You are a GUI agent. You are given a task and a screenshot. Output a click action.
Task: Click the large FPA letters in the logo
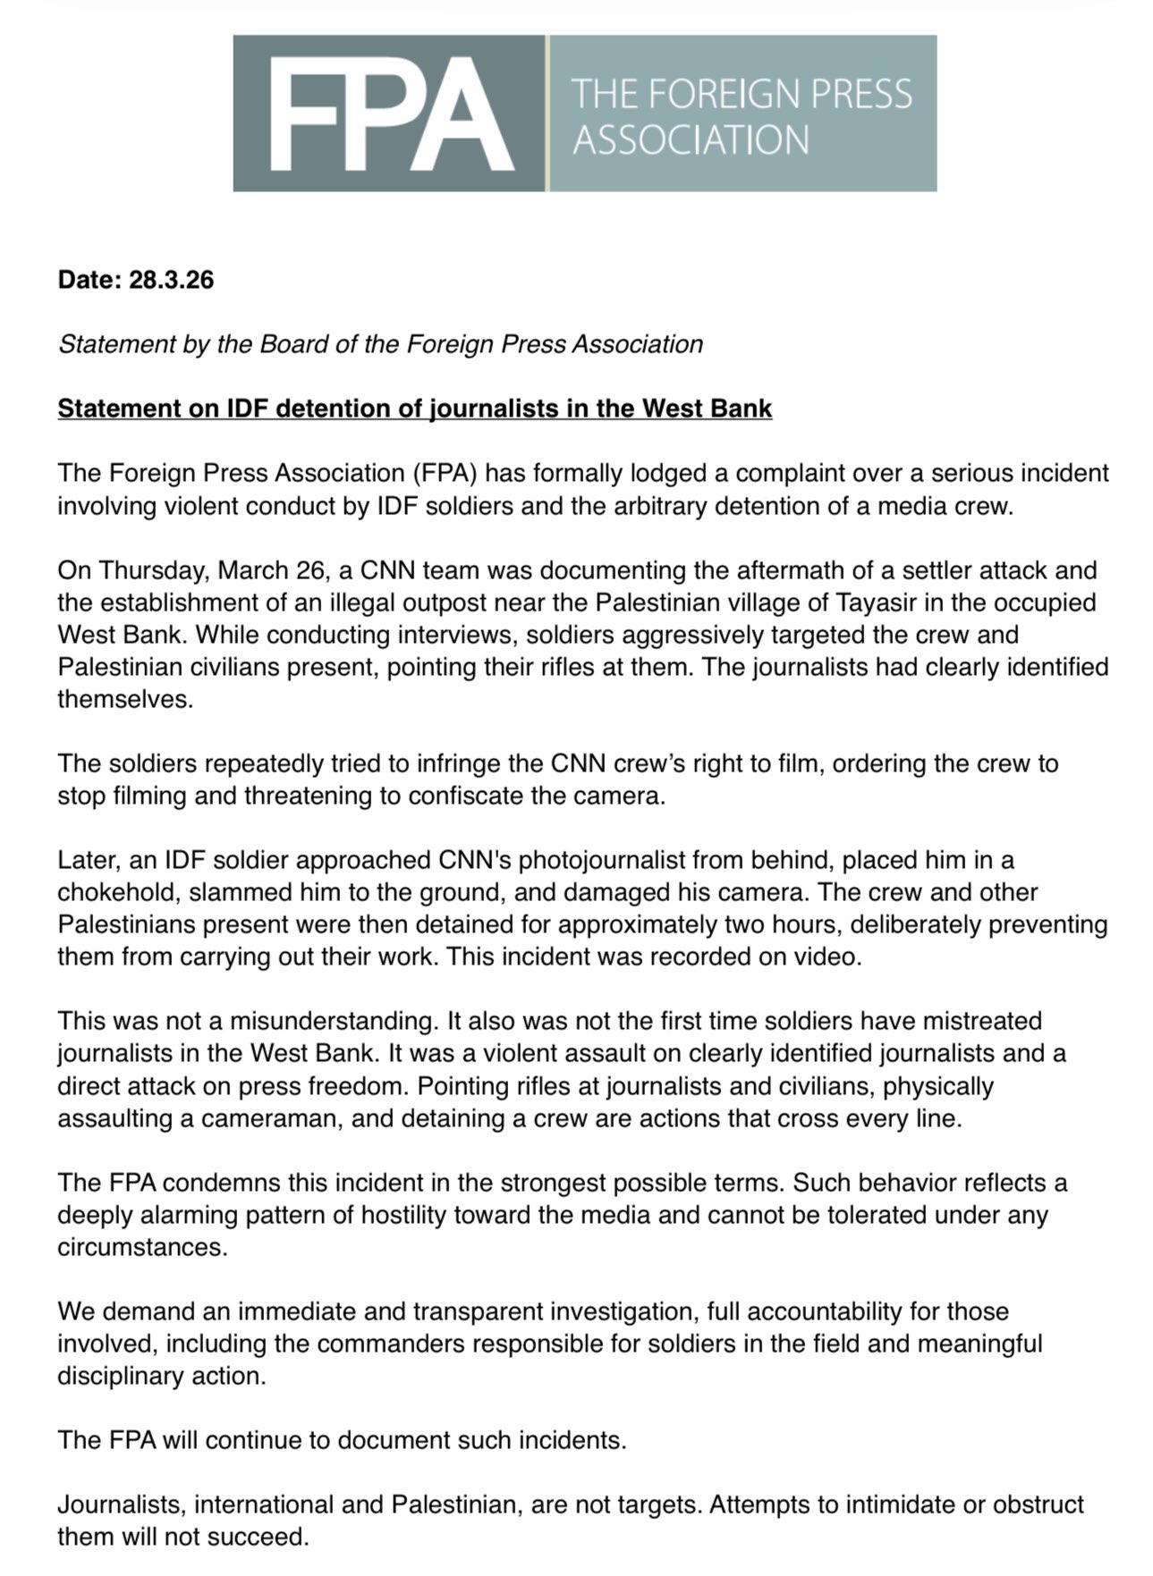pyautogui.click(x=389, y=114)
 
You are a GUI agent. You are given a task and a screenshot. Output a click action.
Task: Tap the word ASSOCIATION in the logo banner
pyautogui.click(x=690, y=140)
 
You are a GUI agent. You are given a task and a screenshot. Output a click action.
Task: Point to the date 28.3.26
pyautogui.click(x=172, y=280)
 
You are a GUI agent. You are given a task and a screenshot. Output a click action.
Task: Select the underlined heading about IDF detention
pyautogui.click(x=414, y=409)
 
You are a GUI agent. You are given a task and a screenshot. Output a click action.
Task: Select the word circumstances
pyautogui.click(x=141, y=1247)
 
